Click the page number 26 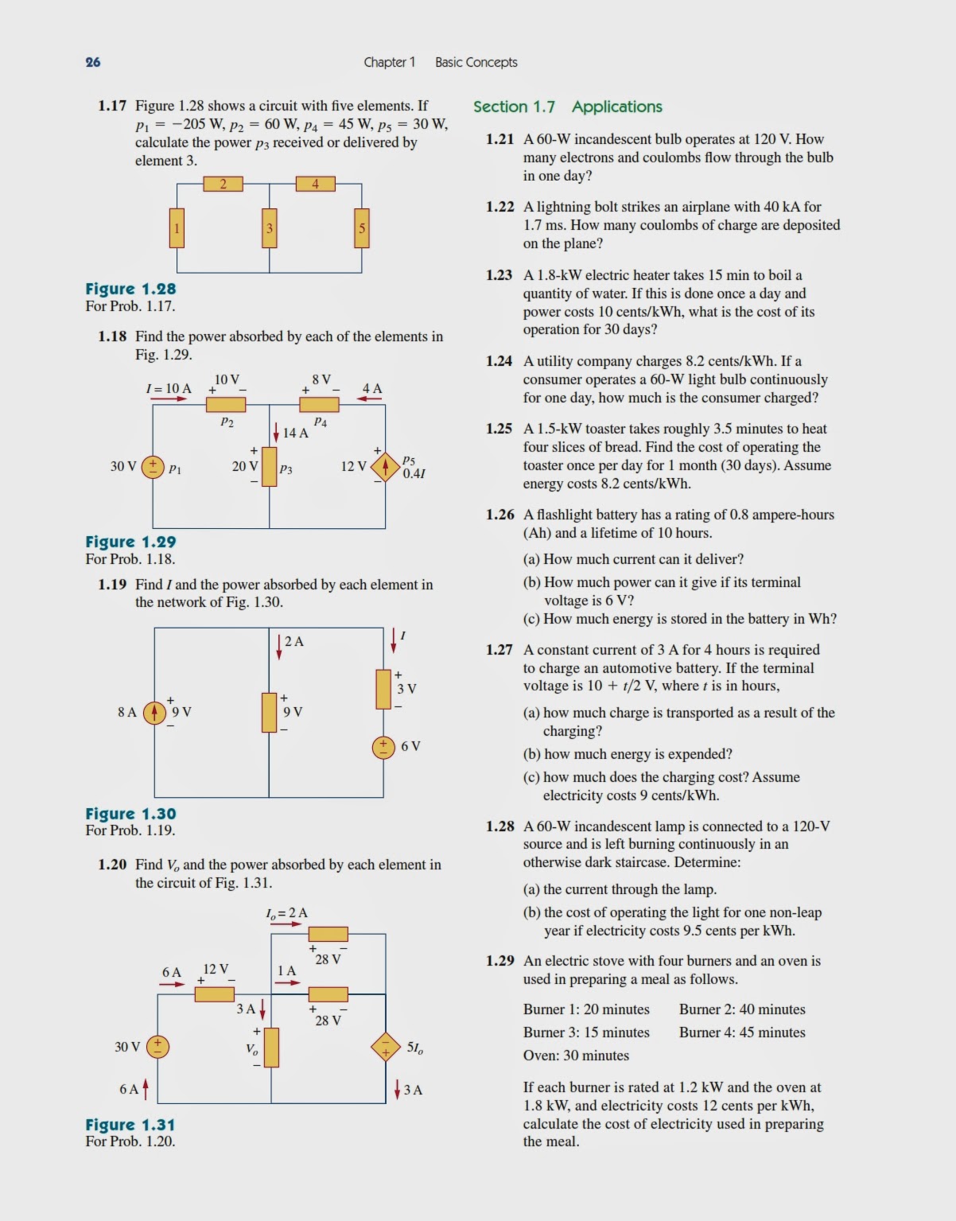click(93, 62)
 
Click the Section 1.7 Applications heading click(567, 107)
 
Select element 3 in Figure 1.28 click(270, 228)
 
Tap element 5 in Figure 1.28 click(362, 228)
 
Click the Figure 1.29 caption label click(130, 542)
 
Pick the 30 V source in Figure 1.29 click(153, 467)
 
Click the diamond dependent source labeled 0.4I click(386, 467)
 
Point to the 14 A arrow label click(294, 433)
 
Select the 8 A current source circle click(154, 713)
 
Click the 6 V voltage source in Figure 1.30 click(383, 747)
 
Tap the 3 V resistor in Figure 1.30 click(383, 689)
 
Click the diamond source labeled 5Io click(386, 1047)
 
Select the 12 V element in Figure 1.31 click(215, 994)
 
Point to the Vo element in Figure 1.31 click(271, 1048)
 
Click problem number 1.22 click(500, 207)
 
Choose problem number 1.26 click(500, 515)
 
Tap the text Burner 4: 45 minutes click(742, 1032)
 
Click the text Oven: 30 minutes click(576, 1056)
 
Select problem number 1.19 click(112, 585)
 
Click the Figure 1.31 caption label click(130, 1125)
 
